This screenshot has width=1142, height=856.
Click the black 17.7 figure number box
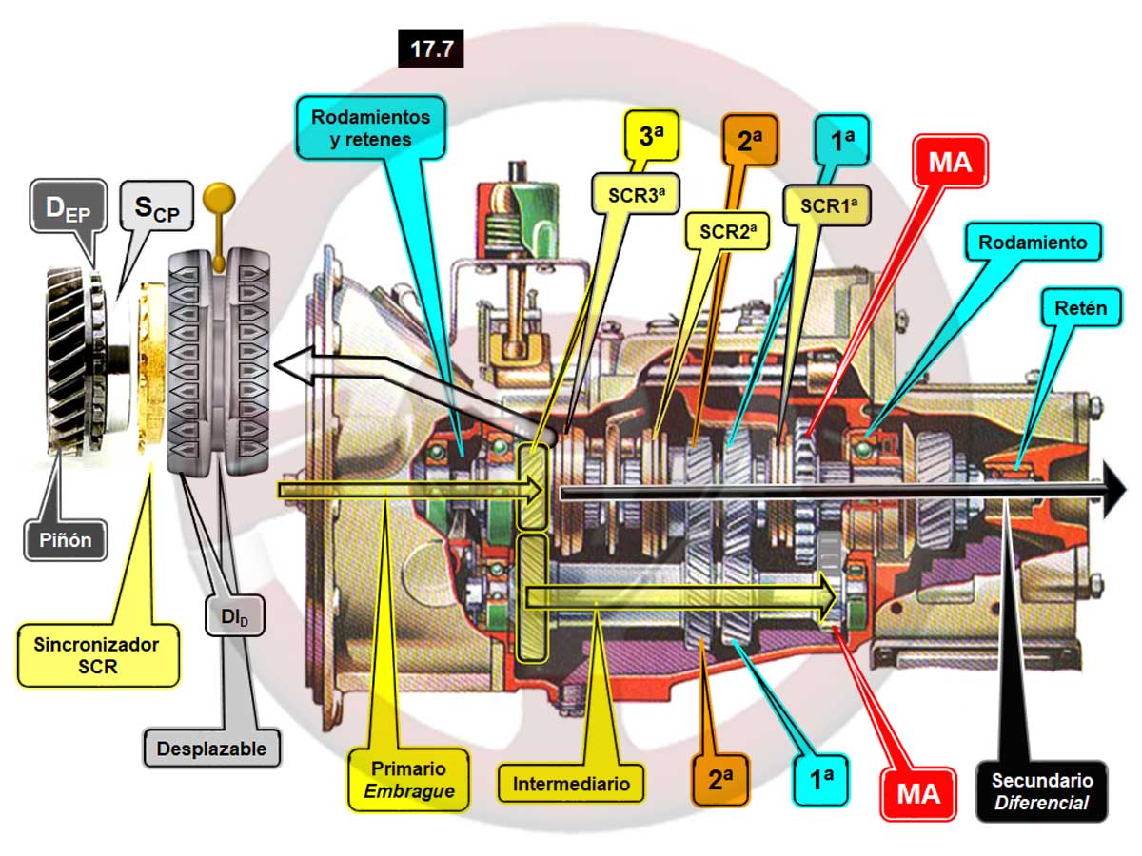pos(431,49)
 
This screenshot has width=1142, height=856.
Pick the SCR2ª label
pos(722,230)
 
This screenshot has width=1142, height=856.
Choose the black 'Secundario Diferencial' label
pos(1041,790)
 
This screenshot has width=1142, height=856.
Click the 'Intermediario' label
pos(571,785)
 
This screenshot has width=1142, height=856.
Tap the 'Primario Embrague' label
pos(408,779)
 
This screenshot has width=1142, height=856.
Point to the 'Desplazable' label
pos(213,748)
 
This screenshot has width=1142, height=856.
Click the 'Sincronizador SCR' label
pos(98,655)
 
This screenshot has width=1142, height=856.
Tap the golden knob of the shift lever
pos(222,197)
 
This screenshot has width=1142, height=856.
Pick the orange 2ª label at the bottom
pos(719,779)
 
